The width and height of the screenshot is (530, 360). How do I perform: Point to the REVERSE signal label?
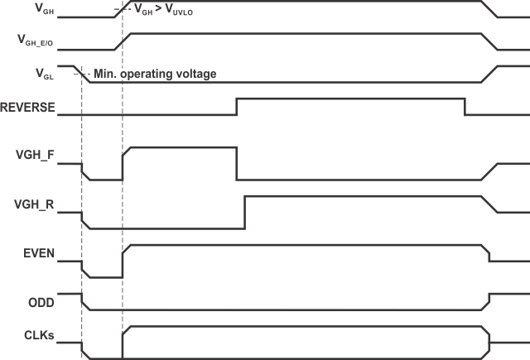point(28,107)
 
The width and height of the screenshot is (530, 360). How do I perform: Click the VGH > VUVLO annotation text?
point(166,12)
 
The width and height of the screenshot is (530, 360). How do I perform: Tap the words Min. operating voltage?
point(156,74)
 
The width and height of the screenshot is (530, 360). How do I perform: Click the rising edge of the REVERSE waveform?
point(237,105)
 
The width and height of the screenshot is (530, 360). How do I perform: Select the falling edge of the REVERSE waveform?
point(465,105)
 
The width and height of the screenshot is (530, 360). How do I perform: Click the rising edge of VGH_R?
point(244,212)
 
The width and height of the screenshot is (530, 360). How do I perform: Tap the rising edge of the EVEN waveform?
point(123,262)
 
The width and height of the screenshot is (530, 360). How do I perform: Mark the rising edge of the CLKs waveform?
point(123,343)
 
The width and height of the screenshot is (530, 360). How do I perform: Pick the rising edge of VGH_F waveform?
point(123,164)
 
